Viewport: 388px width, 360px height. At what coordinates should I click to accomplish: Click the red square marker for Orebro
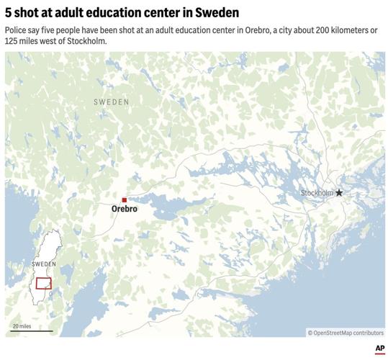pos(125,199)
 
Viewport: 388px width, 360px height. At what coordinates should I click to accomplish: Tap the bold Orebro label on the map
pos(125,209)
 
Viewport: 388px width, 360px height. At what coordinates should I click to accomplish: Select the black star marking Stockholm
pos(339,193)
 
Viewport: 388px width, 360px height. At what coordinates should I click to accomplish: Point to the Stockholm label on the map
pos(317,193)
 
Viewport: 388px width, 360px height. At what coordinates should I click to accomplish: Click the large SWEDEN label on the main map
pos(112,103)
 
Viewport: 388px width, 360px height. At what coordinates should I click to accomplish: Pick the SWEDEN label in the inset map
pos(44,264)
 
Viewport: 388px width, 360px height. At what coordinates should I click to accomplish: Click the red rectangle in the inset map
pos(44,283)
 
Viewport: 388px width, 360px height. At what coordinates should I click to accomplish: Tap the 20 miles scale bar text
pos(22,326)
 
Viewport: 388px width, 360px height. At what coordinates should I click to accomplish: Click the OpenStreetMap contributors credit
pos(346,333)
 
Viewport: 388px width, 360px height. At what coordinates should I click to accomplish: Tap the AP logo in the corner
pos(379,349)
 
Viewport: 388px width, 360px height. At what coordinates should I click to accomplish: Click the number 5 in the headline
pos(8,14)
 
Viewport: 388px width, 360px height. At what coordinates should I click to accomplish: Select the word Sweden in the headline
pos(220,14)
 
